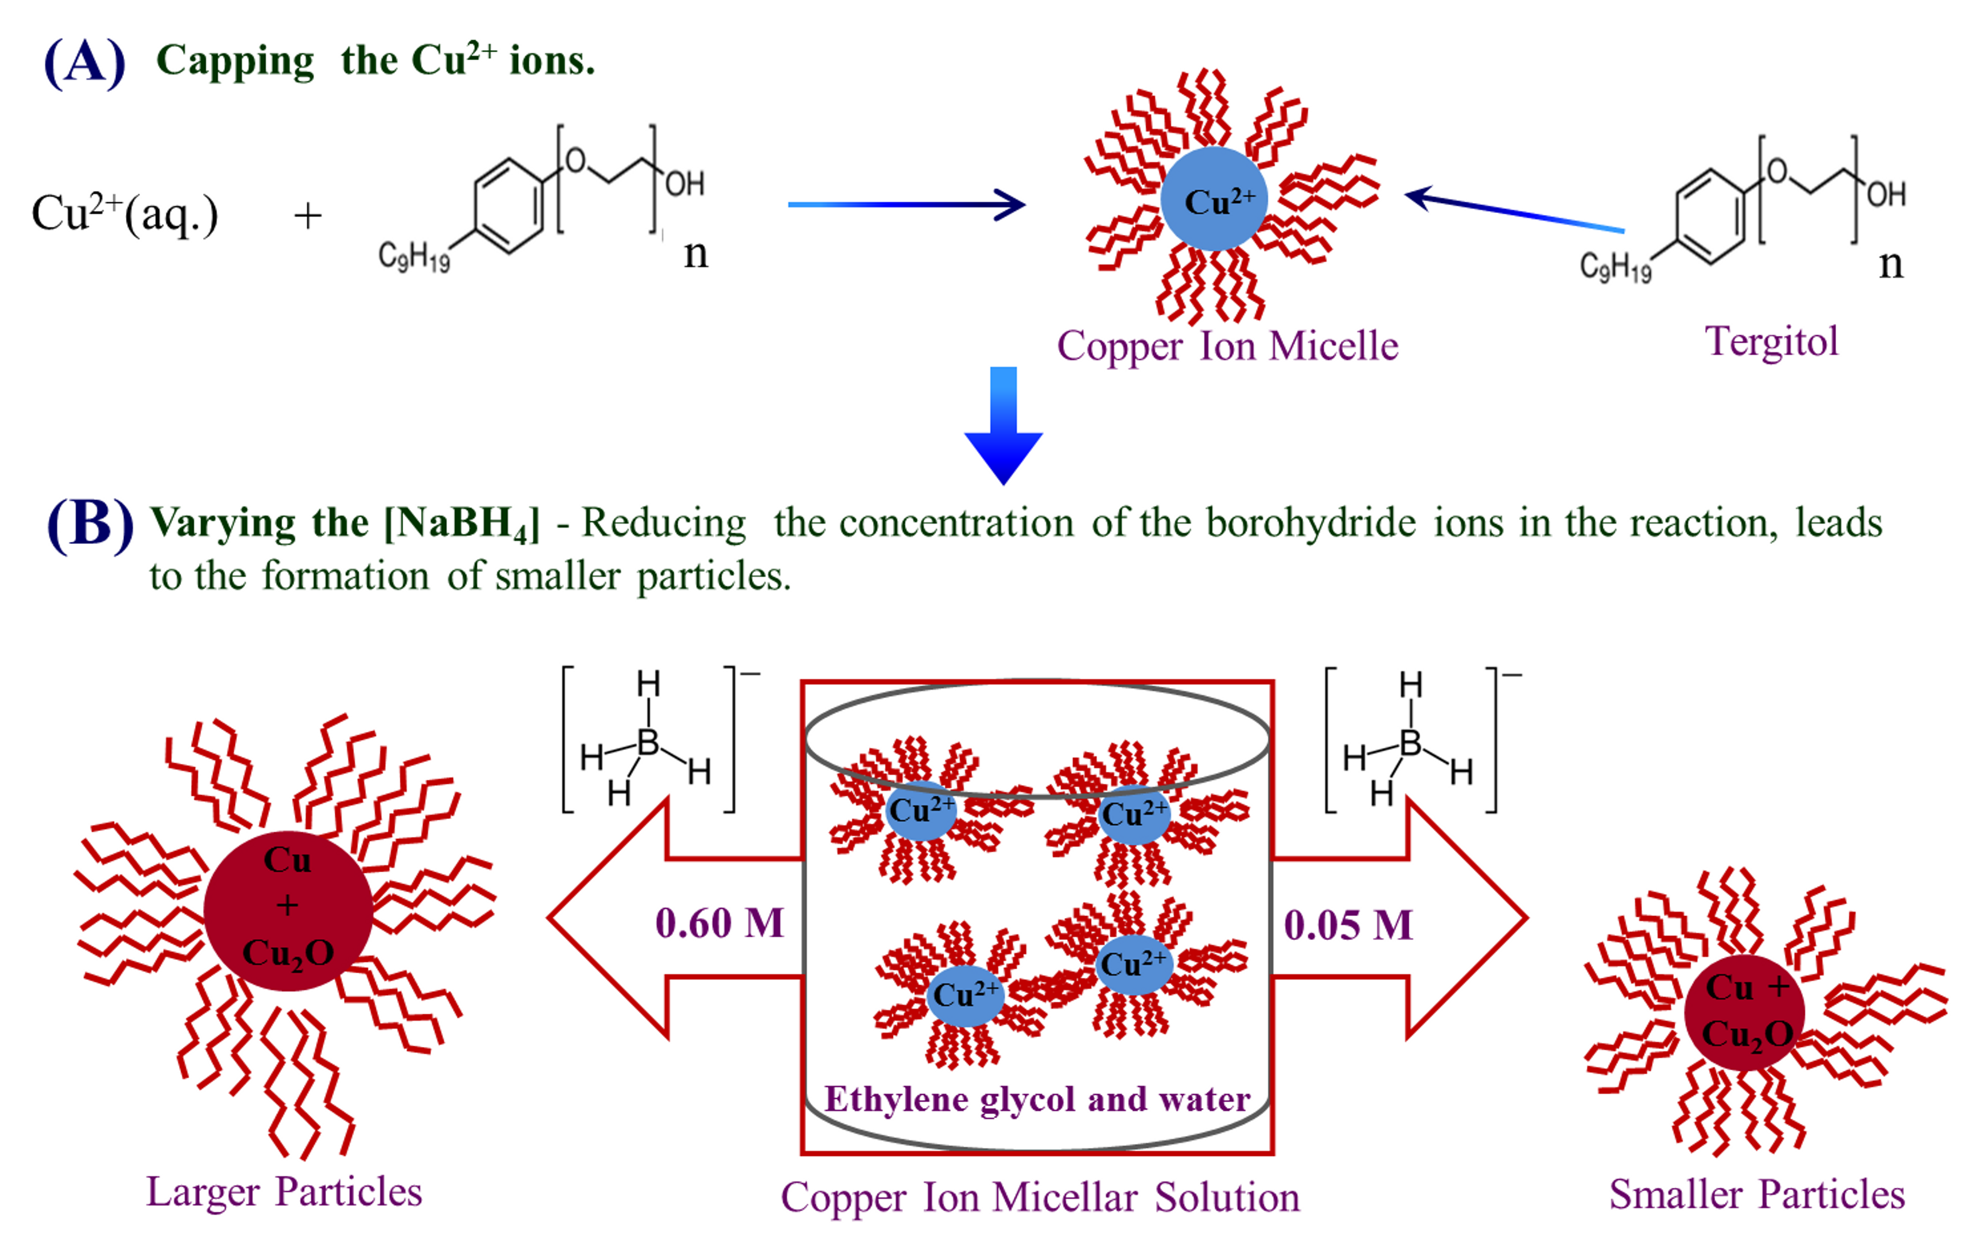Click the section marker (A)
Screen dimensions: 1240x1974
(x=85, y=63)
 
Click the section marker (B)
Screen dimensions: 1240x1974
(x=90, y=525)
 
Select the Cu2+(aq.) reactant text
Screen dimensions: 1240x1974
(x=125, y=214)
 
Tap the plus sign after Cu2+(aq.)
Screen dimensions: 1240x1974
(x=308, y=216)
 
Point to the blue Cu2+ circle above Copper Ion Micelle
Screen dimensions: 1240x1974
(x=1214, y=199)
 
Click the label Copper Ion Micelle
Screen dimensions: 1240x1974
(x=1227, y=346)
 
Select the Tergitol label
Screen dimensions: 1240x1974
(x=1772, y=341)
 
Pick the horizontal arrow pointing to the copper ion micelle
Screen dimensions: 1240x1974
(x=906, y=204)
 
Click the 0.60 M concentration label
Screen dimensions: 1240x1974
(x=719, y=924)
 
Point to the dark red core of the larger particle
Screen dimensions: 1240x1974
(x=288, y=910)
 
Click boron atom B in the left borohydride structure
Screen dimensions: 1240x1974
(x=647, y=742)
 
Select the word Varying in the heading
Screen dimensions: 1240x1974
(x=223, y=524)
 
